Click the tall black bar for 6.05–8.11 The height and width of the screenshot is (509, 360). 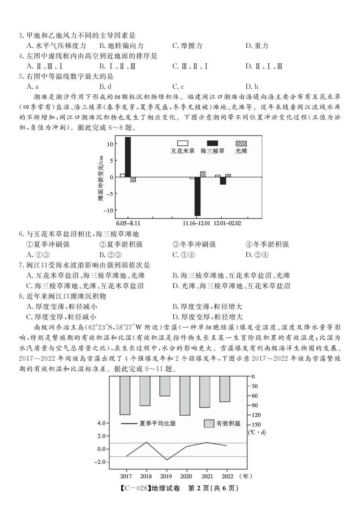pyautogui.click(x=128, y=157)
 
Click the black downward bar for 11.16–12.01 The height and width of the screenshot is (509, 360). pyautogui.click(x=197, y=196)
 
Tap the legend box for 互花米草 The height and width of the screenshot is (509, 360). pyautogui.click(x=183, y=143)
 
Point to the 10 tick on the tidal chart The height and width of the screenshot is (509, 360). pyautogui.click(x=110, y=144)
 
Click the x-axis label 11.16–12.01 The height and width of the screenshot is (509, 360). pyautogui.click(x=196, y=223)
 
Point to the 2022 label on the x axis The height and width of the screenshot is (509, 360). pyautogui.click(x=227, y=476)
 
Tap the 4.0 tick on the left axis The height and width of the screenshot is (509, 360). pyautogui.click(x=101, y=423)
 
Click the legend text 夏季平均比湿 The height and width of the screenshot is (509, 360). pyautogui.click(x=158, y=424)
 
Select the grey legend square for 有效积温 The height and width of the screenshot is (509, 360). pyautogui.click(x=209, y=424)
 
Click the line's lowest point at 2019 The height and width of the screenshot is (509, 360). pyautogui.click(x=166, y=460)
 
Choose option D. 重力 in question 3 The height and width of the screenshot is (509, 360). pyautogui.click(x=257, y=46)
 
